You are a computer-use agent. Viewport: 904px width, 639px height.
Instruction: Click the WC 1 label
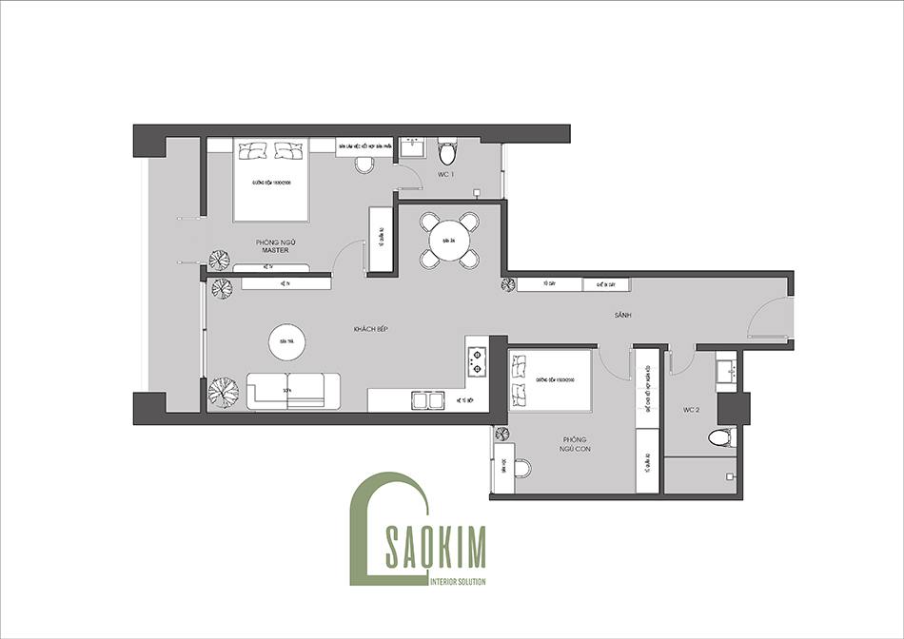(x=445, y=175)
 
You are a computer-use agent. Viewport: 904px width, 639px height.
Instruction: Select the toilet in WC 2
(x=721, y=438)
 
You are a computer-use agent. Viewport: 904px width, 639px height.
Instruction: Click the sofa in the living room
(x=293, y=391)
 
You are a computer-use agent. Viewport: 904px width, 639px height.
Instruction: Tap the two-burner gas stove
(x=476, y=360)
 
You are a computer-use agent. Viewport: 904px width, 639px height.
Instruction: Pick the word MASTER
(x=274, y=251)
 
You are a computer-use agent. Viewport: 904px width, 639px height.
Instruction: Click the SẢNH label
(x=623, y=315)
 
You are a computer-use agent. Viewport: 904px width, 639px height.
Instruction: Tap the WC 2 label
(x=692, y=410)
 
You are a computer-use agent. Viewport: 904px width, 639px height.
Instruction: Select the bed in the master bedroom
(x=271, y=178)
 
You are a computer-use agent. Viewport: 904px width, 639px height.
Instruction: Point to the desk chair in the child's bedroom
(x=521, y=467)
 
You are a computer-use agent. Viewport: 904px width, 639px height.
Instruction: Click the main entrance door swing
(x=769, y=319)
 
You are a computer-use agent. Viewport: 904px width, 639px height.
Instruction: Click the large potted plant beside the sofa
(x=225, y=391)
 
